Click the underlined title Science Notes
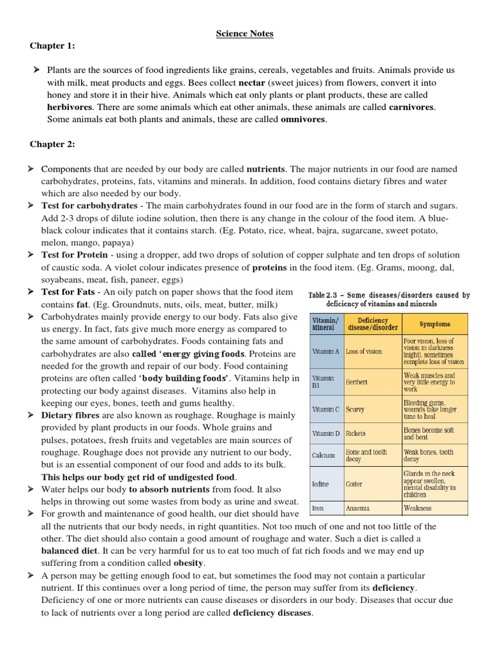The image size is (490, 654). tap(244, 34)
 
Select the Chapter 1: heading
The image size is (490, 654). tap(52, 46)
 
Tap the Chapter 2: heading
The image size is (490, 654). tap(52, 144)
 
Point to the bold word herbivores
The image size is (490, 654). tap(70, 107)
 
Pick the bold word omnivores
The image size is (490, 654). tap(303, 119)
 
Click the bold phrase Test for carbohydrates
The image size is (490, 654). tap(89, 206)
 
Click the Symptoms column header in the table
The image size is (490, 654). tap(434, 324)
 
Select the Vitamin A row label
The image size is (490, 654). tap(325, 351)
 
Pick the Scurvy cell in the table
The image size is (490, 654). tap(355, 409)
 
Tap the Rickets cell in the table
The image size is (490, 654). tap(356, 433)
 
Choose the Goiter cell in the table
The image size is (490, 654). tap(354, 484)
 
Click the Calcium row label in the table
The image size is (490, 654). tap(323, 455)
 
